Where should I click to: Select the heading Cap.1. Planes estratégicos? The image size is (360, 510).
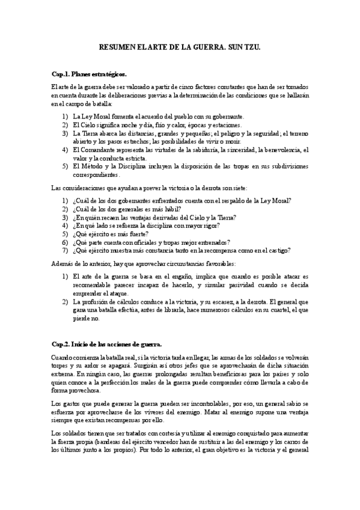pyautogui.click(x=88, y=74)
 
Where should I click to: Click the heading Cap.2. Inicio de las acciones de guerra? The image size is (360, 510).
pyautogui.click(x=107, y=344)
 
